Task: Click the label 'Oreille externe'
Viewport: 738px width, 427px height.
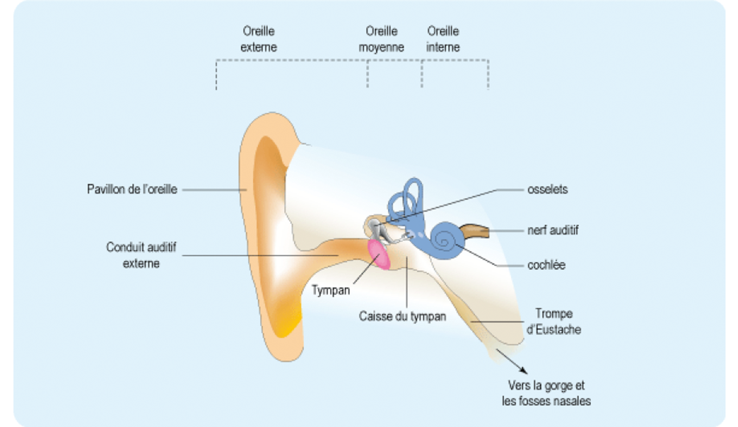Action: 259,39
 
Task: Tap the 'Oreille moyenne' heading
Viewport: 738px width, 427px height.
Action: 381,39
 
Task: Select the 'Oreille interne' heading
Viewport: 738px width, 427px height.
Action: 443,39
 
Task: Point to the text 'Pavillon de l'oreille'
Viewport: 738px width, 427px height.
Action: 132,190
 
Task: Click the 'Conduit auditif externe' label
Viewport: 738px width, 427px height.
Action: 141,255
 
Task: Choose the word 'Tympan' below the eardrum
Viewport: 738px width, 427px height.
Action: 331,290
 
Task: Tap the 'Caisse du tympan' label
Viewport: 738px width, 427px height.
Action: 403,316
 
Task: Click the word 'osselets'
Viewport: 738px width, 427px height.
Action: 547,190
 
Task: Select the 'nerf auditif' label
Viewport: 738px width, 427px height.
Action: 553,230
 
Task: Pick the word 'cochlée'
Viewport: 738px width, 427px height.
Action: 546,265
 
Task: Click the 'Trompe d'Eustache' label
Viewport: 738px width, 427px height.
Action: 553,322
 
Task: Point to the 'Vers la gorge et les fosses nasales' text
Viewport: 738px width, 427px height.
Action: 546,393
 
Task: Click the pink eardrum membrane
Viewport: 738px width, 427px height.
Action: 379,255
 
